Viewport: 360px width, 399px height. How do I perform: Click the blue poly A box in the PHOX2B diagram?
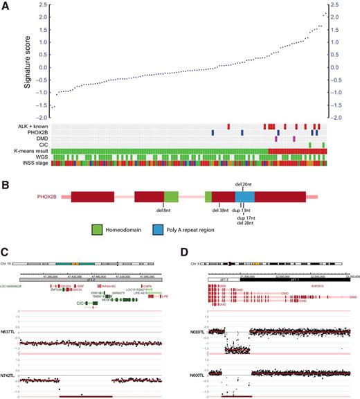coord(244,197)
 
